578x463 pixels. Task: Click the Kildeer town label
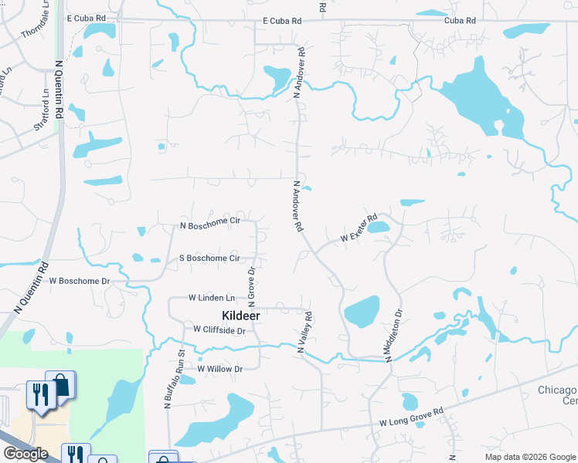(x=240, y=316)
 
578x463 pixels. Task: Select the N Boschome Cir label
(x=210, y=223)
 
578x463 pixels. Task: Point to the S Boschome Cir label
(x=209, y=258)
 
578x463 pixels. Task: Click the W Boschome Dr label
(x=80, y=281)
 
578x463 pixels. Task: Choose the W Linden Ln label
(x=211, y=297)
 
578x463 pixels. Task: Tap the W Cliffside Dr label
(x=219, y=330)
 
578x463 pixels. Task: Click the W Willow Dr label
(x=219, y=369)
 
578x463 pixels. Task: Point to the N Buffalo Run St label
(x=173, y=378)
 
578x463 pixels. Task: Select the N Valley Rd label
(x=304, y=333)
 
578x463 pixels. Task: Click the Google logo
(x=25, y=454)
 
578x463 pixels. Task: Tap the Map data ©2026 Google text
(x=530, y=457)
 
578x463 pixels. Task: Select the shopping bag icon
(x=60, y=385)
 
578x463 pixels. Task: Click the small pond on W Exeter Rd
(x=377, y=228)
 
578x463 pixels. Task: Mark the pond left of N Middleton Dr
(x=361, y=312)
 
